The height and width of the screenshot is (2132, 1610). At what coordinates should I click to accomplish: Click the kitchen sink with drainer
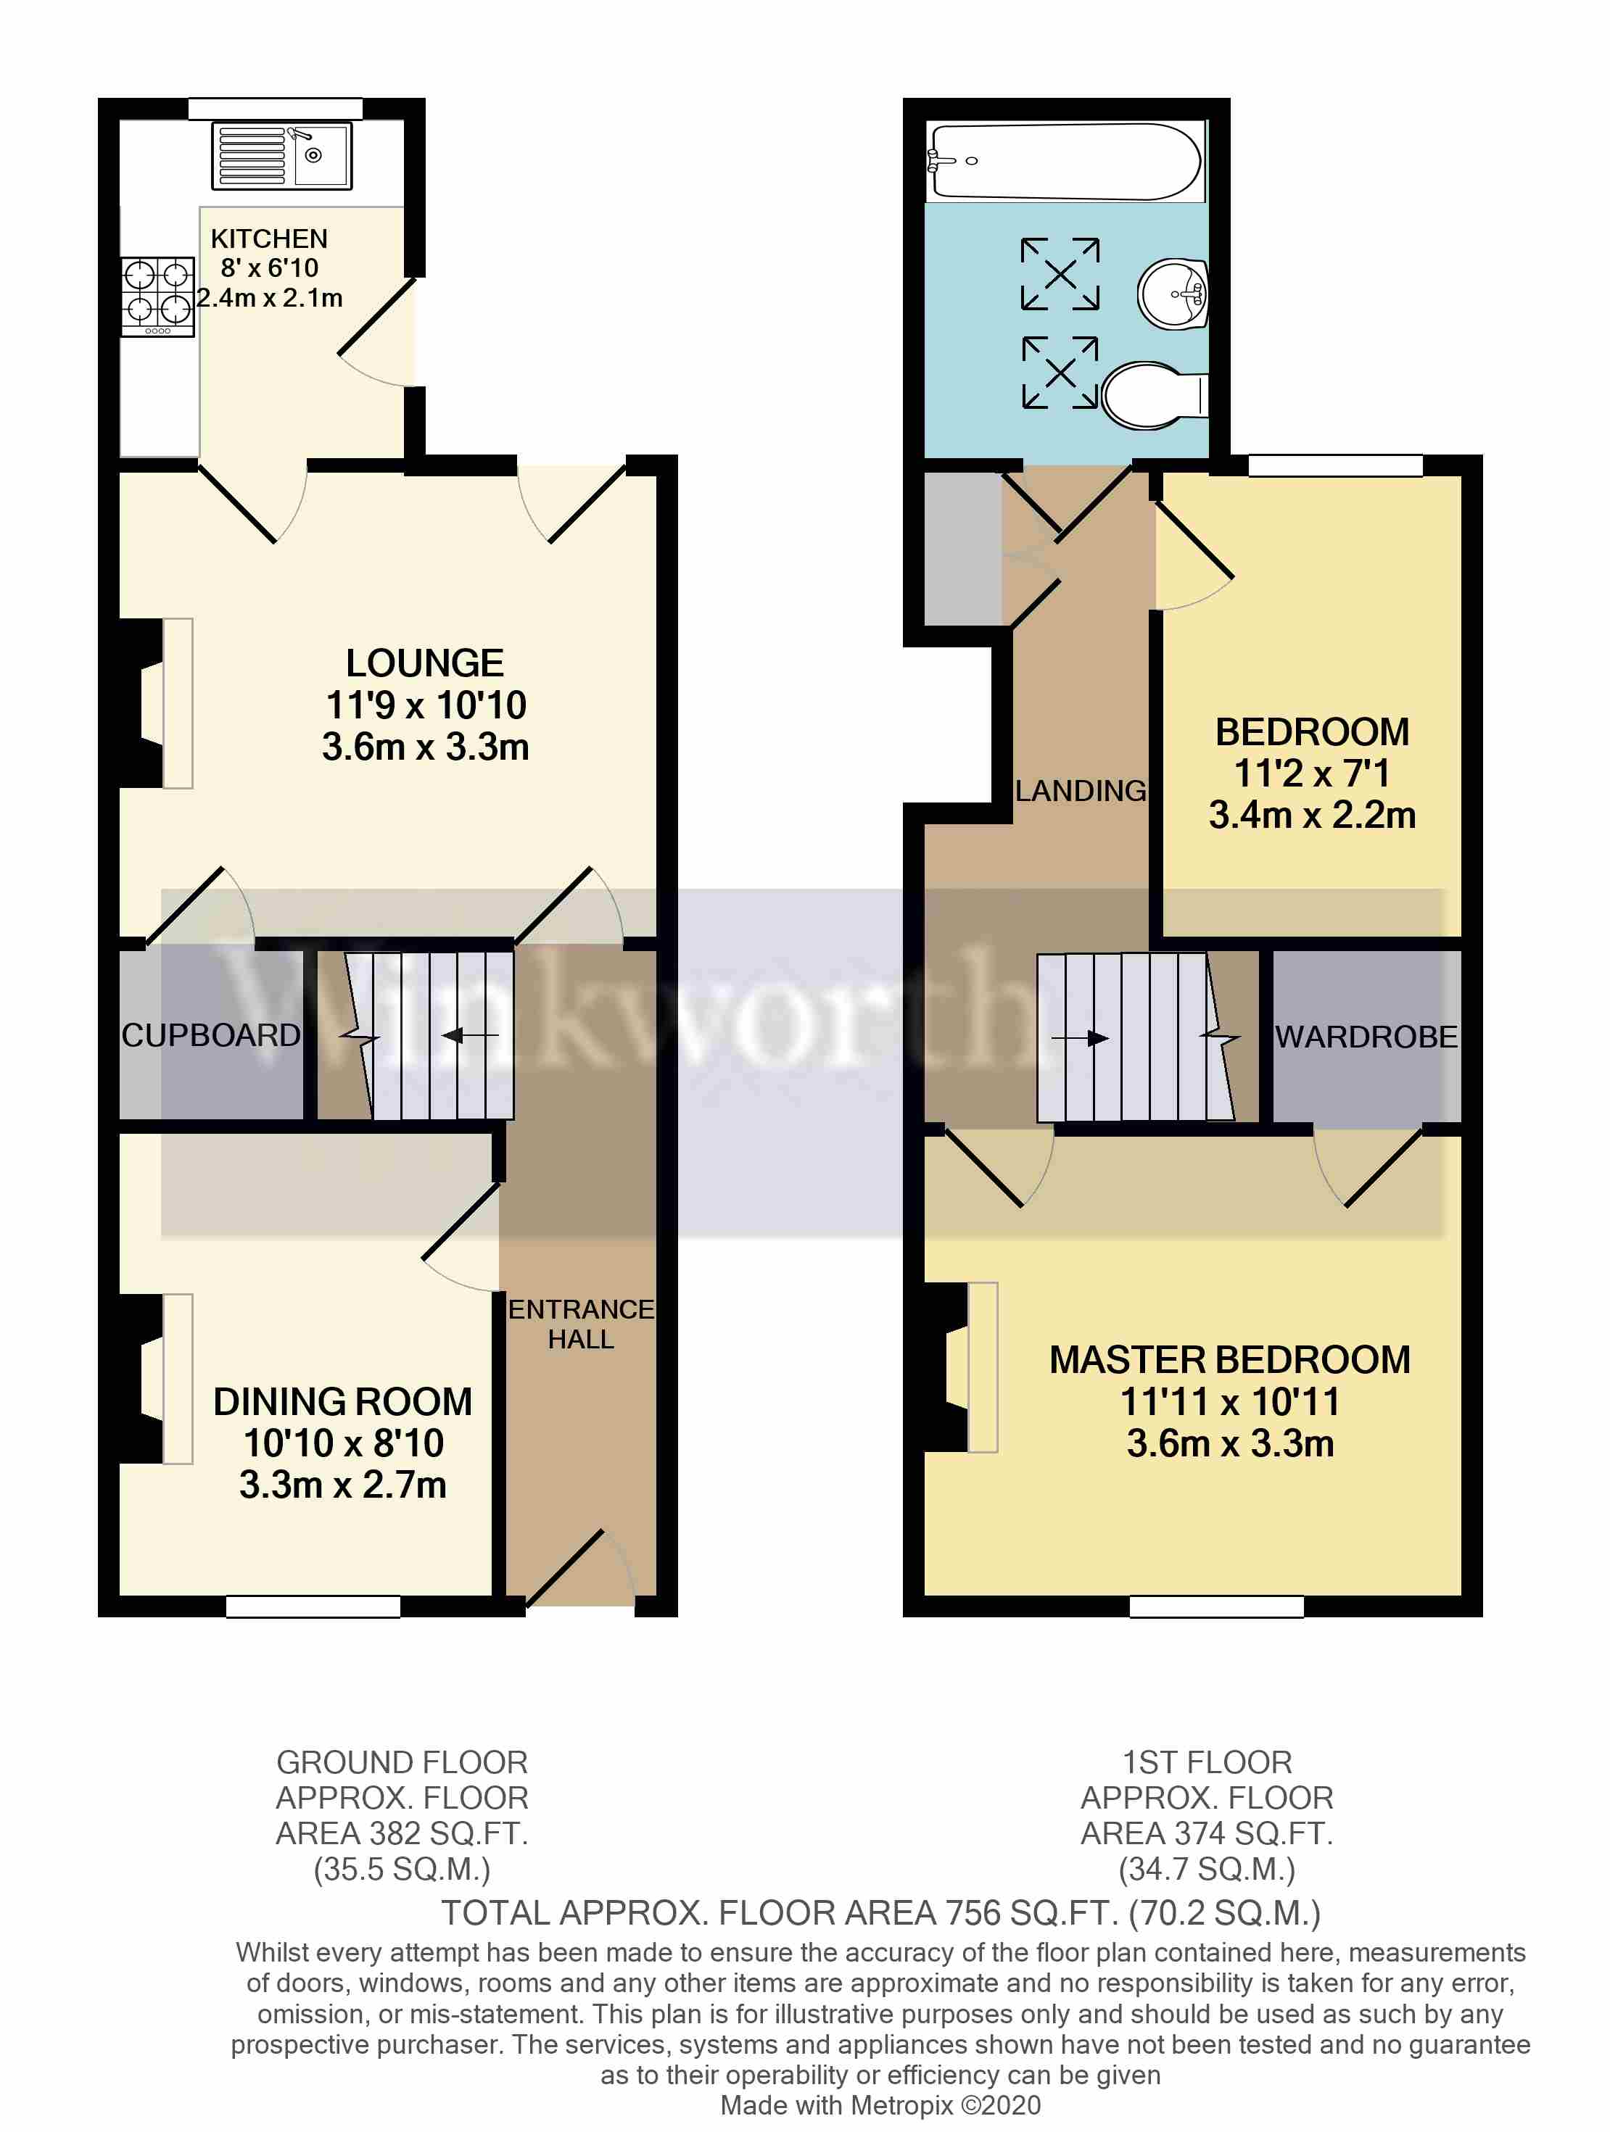point(281,155)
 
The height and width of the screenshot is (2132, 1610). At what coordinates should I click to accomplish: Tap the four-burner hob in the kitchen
point(158,297)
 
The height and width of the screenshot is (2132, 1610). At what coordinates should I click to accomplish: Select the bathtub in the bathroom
point(1065,161)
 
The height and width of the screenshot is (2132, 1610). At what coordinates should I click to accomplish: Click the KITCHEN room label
point(269,238)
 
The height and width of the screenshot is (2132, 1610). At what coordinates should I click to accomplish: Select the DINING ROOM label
point(342,1401)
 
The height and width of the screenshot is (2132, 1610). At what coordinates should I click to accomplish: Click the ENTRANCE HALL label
point(580,1323)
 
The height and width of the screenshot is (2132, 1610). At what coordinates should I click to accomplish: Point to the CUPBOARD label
point(210,1035)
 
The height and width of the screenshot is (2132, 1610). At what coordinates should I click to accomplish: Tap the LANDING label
point(1080,790)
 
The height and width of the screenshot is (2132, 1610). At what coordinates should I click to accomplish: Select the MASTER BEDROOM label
point(1229,1360)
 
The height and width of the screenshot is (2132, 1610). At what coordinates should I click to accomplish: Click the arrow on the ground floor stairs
point(469,1036)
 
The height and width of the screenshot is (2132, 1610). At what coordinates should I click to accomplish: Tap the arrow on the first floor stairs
point(1081,1038)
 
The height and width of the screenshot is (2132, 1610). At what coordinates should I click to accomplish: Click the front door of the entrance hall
point(579,1567)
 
